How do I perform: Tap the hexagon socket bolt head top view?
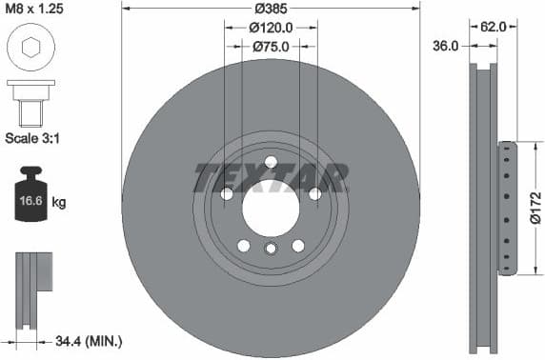(31, 48)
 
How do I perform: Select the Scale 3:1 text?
(34, 139)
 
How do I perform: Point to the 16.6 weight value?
(30, 202)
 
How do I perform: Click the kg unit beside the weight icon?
(59, 202)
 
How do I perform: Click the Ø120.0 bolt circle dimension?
(271, 29)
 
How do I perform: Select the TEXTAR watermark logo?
(271, 177)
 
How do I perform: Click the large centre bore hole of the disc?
(271, 207)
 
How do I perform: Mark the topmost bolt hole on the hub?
(271, 161)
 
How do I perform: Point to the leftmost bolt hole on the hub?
(227, 194)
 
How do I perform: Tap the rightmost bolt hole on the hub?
(314, 194)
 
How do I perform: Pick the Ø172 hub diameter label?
(535, 209)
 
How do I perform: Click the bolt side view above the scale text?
(31, 101)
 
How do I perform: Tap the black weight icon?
(30, 197)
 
